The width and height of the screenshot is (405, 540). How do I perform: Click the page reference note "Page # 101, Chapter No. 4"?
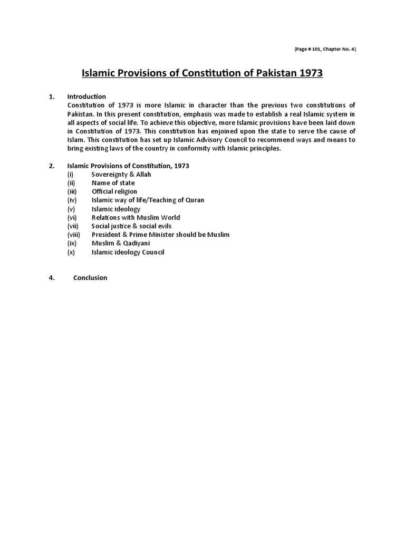325,49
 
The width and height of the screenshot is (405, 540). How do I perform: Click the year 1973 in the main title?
311,73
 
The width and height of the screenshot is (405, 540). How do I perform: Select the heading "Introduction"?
86,97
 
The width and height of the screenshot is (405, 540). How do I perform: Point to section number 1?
51,97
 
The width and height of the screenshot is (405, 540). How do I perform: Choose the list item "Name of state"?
113,183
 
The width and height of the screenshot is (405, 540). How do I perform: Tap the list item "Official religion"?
114,191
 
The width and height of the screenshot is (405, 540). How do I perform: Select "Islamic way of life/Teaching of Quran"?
148,200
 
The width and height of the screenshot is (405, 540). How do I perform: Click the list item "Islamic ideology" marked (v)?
116,209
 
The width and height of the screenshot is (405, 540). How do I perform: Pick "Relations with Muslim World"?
136,217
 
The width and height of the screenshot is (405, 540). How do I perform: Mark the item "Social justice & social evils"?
131,226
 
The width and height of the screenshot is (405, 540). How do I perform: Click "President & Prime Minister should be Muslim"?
160,235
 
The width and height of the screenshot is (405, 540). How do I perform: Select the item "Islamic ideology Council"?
128,252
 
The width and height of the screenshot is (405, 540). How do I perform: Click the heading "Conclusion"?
90,278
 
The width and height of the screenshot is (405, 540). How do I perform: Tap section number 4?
51,278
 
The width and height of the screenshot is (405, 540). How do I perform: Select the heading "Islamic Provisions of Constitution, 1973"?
128,166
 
